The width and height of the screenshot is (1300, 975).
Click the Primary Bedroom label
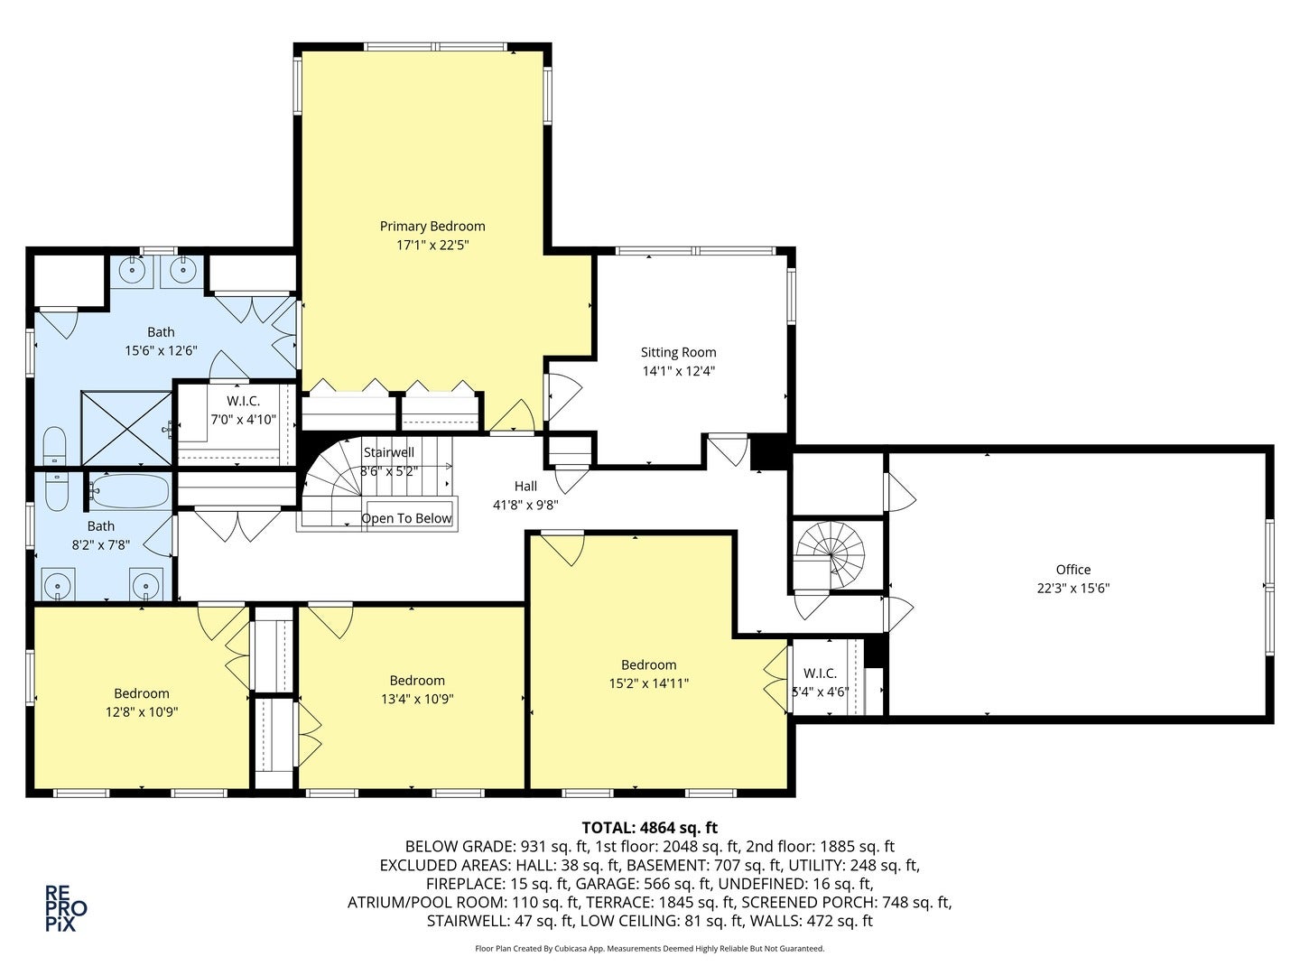coord(432,227)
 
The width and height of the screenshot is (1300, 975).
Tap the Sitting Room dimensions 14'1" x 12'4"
coord(678,371)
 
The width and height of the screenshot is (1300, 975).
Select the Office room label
coord(1072,570)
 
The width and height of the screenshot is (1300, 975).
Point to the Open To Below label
coord(406,518)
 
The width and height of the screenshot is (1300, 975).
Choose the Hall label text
coord(525,487)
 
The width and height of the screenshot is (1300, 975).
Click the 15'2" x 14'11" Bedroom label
coord(648,665)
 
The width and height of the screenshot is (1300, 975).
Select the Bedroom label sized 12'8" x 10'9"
coord(141,693)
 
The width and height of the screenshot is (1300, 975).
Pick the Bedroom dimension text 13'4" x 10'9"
coord(417,699)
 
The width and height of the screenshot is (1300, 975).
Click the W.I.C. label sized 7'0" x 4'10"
coord(243,401)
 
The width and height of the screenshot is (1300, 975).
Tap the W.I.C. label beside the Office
coord(820,673)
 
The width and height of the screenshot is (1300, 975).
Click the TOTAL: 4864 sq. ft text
coord(649,827)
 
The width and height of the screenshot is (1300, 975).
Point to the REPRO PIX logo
coord(66,907)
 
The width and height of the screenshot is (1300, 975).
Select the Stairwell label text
coord(388,452)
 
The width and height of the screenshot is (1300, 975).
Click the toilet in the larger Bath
coord(55,446)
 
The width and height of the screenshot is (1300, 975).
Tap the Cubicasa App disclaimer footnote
coord(649,949)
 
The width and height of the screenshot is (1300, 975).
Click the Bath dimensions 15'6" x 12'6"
coord(161,351)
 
